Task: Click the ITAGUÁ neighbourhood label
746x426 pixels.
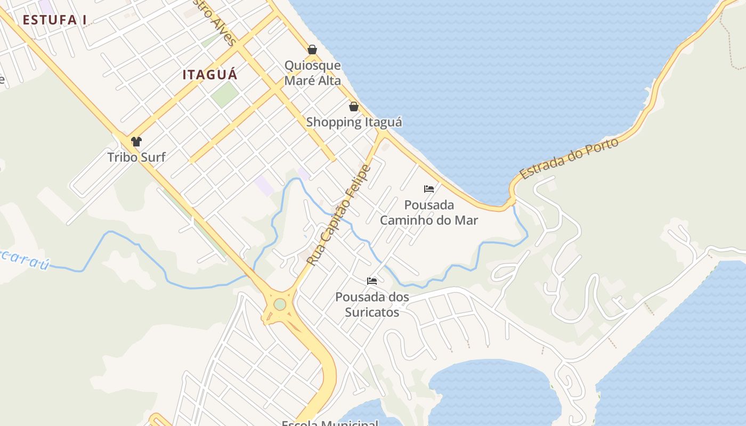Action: point(210,75)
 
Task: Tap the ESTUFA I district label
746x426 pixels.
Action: point(54,20)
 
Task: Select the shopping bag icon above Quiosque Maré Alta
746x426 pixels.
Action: point(312,50)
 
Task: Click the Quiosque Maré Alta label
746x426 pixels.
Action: point(312,73)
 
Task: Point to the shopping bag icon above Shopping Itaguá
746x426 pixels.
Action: point(353,106)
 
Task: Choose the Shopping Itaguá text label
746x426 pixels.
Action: point(354,122)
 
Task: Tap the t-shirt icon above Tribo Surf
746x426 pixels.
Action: point(136,141)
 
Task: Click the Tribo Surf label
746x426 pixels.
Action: point(136,157)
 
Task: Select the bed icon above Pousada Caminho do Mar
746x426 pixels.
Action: point(429,189)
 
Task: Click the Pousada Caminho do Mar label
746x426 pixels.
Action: point(429,212)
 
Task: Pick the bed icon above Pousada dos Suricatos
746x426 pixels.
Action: point(372,281)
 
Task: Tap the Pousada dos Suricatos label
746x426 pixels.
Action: point(372,304)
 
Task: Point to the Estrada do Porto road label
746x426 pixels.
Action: point(569,158)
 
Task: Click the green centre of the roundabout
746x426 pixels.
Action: point(280,305)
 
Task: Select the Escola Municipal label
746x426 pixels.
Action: point(330,423)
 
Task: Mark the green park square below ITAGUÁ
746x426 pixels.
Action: point(224,94)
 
